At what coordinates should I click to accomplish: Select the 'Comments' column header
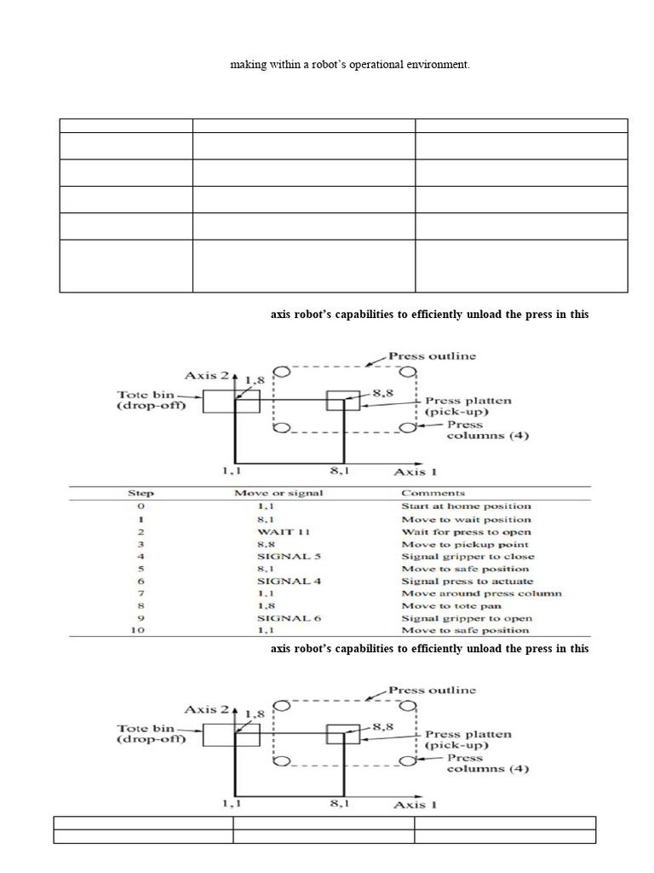(433, 493)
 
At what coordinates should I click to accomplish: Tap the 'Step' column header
(141, 493)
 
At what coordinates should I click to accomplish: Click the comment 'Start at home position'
(466, 506)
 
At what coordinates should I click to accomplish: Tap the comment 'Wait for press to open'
(467, 531)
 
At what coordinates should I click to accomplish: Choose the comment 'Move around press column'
(481, 593)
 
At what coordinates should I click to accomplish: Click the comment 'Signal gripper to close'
(468, 556)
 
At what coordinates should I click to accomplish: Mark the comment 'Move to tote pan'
(451, 606)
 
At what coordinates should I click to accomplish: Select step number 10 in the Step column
(141, 631)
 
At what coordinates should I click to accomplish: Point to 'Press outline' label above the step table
(432, 356)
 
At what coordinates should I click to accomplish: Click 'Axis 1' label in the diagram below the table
(415, 804)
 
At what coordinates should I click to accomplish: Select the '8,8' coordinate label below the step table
(381, 727)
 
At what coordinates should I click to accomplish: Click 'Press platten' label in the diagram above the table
(468, 400)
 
